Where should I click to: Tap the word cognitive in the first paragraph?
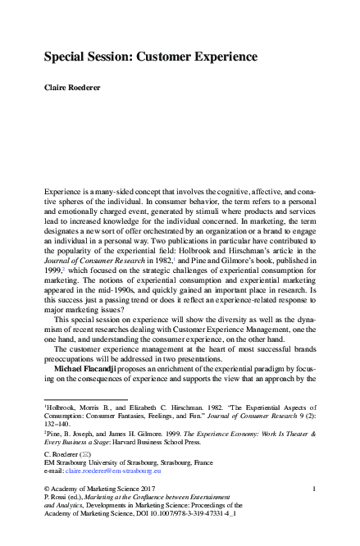(234, 189)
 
